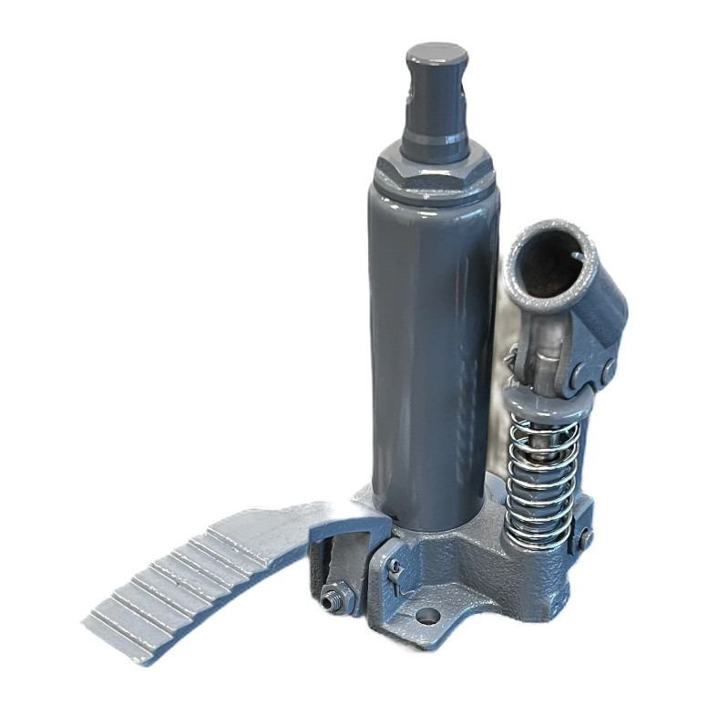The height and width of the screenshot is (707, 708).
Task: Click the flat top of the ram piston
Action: (x=436, y=53)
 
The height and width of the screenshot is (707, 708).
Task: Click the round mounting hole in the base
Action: (x=426, y=617)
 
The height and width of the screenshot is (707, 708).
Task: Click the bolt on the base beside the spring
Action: (x=584, y=537)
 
